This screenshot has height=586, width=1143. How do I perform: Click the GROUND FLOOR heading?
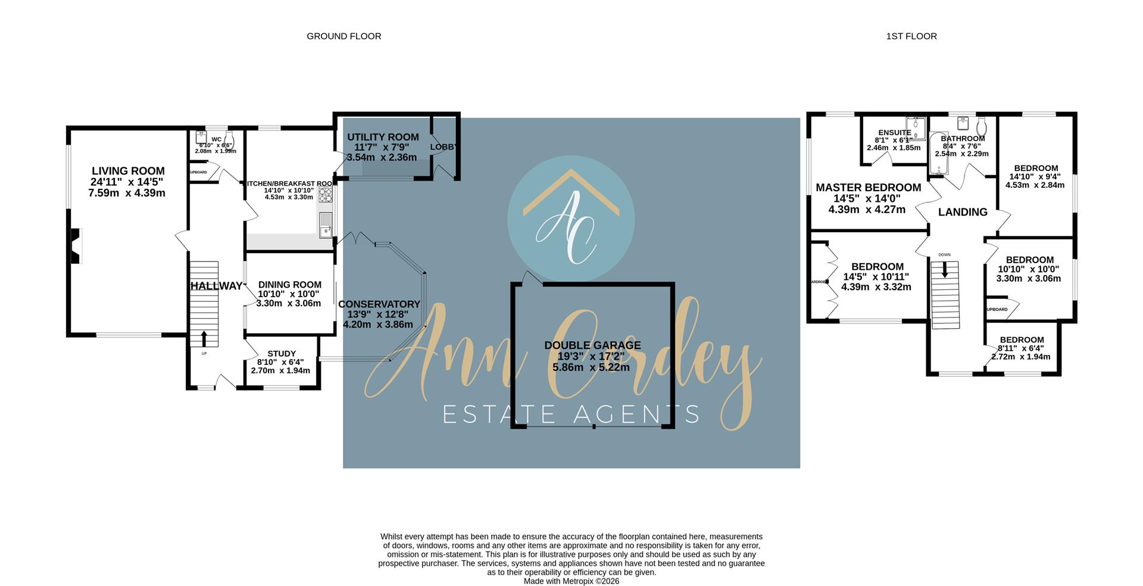point(343,36)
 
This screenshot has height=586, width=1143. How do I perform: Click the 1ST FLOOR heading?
point(911,36)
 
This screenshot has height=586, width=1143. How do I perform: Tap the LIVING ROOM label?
point(127,172)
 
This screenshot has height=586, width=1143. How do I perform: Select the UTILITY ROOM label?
point(383,138)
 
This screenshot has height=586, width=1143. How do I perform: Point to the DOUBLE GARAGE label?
point(592,345)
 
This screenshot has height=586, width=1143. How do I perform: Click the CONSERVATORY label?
point(379,304)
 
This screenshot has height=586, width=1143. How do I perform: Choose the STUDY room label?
point(282,354)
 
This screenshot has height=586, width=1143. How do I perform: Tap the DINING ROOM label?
point(289,285)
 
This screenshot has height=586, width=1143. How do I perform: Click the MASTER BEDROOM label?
point(868,188)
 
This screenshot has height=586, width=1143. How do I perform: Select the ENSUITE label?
point(894,133)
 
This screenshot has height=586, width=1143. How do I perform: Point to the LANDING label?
point(962,212)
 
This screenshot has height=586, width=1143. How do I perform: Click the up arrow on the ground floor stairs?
point(204,338)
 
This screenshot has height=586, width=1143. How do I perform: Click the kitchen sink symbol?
point(325,225)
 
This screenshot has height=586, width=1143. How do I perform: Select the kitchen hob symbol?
point(326,195)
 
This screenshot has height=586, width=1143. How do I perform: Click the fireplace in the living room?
point(76,246)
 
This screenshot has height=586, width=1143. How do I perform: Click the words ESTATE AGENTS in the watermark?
point(571,414)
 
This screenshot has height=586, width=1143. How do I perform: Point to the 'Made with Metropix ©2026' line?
point(571,581)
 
